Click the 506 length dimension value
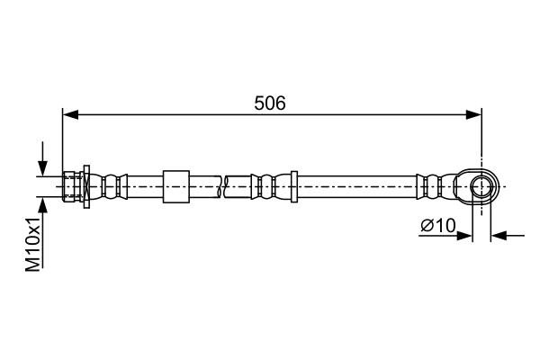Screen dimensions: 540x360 click(270, 103)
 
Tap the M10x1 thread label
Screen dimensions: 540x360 click(33, 244)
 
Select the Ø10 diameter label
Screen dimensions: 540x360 click(438, 226)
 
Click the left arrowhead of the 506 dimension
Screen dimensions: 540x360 click(70, 115)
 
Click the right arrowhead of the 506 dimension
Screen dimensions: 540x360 click(474, 115)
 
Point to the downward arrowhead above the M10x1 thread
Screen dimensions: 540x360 click(42, 168)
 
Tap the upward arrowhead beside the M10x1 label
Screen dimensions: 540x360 click(42, 206)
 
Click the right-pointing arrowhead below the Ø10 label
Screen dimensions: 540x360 click(463, 236)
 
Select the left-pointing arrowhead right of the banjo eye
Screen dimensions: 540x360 click(499, 236)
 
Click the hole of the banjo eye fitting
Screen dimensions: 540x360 click(481, 186)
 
